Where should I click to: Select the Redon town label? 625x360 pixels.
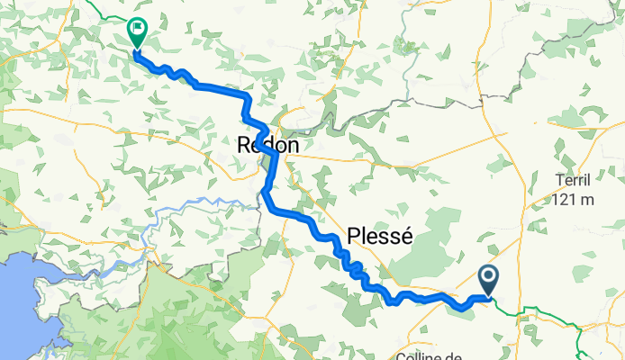tap(267, 145)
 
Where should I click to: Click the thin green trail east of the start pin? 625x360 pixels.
tap(540, 310)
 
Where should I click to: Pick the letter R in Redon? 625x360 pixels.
tap(243, 145)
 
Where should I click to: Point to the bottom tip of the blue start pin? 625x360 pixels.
tap(489, 295)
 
